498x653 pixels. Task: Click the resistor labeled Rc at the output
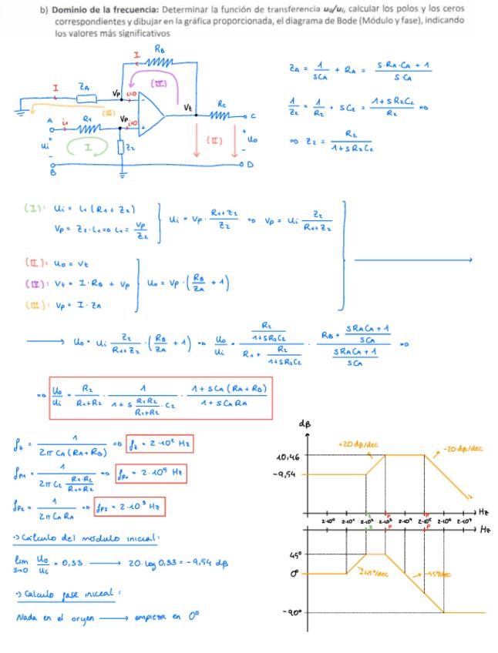click(223, 116)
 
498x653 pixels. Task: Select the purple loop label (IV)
click(159, 82)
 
